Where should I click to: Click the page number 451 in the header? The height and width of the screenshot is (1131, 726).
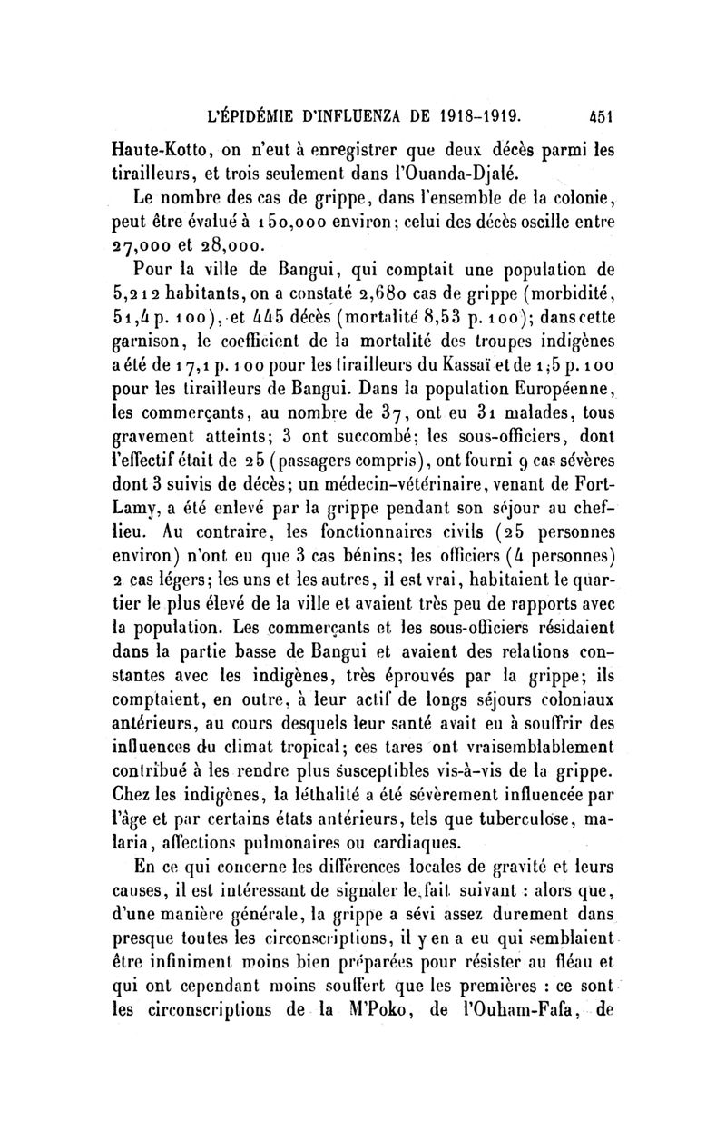[x=576, y=116]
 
